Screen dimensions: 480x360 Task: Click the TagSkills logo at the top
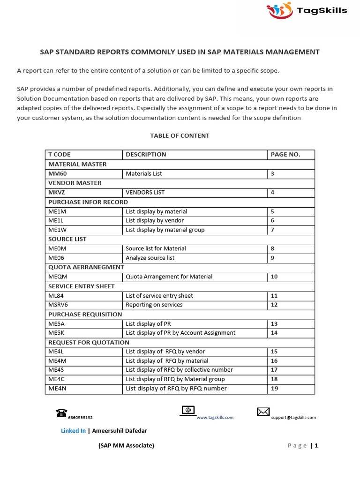coord(307,10)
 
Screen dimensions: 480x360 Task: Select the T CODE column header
coord(60,154)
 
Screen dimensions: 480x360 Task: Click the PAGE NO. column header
coord(285,154)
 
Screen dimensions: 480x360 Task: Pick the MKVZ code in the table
coord(56,192)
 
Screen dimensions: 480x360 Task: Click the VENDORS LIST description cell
coord(145,192)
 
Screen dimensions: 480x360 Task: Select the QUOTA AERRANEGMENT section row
coord(86,267)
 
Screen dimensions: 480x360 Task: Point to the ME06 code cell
coord(56,258)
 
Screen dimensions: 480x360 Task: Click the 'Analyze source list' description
coord(150,258)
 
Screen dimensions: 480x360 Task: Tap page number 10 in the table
coord(274,277)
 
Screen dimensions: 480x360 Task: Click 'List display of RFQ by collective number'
coord(179,370)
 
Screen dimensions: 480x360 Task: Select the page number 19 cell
coord(274,388)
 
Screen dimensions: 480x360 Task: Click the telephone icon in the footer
coord(61,412)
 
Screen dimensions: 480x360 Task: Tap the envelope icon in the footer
coord(263,412)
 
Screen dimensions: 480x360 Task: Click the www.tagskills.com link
coord(215,417)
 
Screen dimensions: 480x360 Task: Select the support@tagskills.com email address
coord(293,417)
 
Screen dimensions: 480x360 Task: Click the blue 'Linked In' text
coord(73,431)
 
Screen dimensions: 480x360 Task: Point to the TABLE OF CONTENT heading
coord(180,135)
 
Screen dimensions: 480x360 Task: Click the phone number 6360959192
coord(80,417)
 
